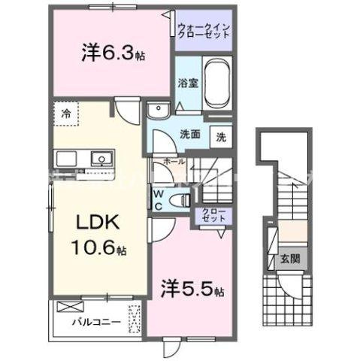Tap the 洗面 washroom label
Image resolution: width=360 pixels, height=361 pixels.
coord(189,136)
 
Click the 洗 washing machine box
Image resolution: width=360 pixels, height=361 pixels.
coord(222,137)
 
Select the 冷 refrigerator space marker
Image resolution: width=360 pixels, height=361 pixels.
coord(66,114)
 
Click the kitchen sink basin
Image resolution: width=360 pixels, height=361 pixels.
coord(100,159)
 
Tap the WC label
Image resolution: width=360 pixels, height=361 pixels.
coord(159,199)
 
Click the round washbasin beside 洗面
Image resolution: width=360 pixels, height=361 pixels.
coord(159,114)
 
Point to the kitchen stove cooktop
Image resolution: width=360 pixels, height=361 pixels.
coord(64,159)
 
